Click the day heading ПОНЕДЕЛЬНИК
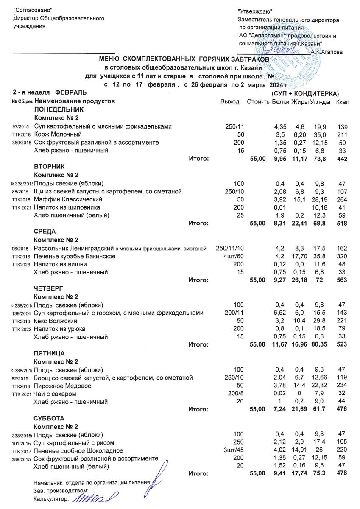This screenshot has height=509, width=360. (x=56, y=109)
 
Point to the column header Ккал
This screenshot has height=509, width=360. (x=343, y=102)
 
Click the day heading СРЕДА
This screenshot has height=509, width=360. (x=45, y=231)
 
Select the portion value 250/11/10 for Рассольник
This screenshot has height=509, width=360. (x=230, y=248)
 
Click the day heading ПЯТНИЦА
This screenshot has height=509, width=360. (x=49, y=353)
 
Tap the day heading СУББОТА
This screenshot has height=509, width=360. (x=48, y=418)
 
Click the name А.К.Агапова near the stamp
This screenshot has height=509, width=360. (x=327, y=52)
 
